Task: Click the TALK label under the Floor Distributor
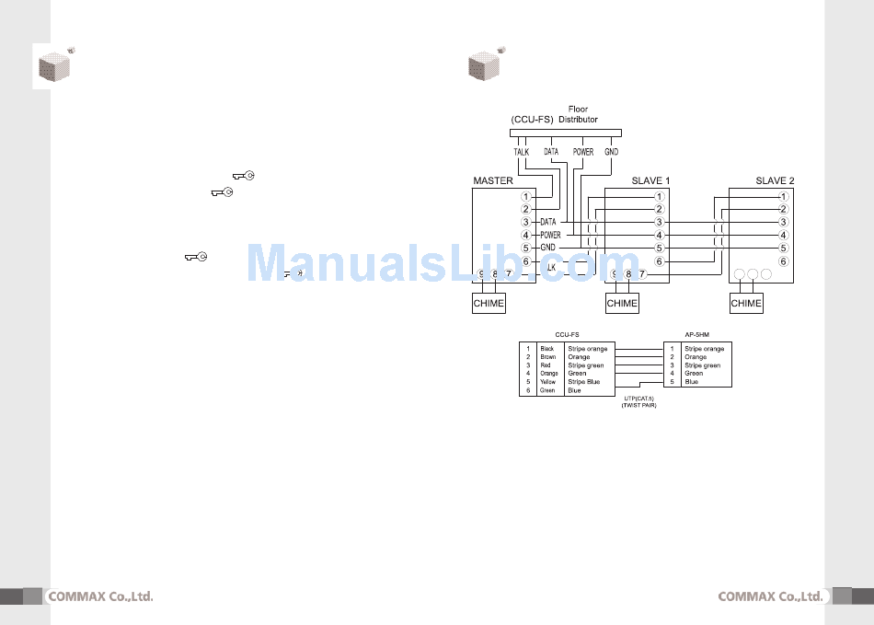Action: (x=521, y=152)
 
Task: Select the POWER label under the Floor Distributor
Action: (x=583, y=152)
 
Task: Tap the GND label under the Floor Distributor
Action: (x=612, y=152)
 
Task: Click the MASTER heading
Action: (x=492, y=181)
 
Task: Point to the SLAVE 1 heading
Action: (x=650, y=181)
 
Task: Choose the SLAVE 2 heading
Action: (x=775, y=181)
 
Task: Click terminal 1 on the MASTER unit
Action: (x=525, y=196)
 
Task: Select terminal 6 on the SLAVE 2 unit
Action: (x=783, y=261)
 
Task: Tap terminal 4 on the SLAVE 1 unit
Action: (x=659, y=236)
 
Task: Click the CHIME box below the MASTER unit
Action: (x=489, y=303)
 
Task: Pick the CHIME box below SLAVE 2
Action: (x=746, y=303)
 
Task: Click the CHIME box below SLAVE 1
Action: (x=623, y=303)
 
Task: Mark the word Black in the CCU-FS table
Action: (x=547, y=349)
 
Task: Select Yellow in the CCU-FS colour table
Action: (x=548, y=382)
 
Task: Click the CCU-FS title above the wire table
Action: (x=567, y=335)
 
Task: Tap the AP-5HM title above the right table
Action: (x=696, y=335)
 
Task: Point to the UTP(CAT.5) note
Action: (x=638, y=399)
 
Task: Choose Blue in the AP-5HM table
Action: (x=691, y=382)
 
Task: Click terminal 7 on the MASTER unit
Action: (x=508, y=274)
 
